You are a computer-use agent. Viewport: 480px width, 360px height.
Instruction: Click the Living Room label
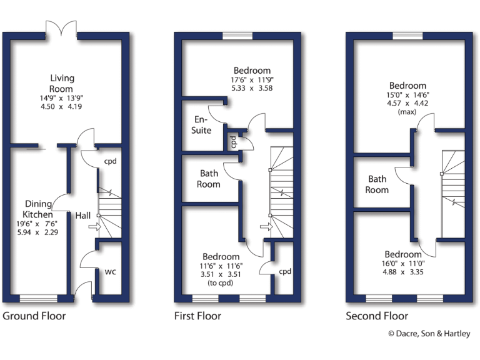click(x=62, y=83)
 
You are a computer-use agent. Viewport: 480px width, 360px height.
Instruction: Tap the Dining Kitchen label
click(x=39, y=209)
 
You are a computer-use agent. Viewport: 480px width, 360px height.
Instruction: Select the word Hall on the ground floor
click(x=83, y=216)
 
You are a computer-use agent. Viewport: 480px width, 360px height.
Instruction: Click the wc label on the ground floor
click(x=110, y=272)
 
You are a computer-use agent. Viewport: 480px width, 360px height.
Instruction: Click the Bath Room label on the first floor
click(x=209, y=179)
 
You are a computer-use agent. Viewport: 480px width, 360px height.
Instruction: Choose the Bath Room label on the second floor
click(x=377, y=184)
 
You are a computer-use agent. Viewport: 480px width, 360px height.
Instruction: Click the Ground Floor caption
click(x=34, y=316)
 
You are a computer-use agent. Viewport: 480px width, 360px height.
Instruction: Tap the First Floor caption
click(x=197, y=316)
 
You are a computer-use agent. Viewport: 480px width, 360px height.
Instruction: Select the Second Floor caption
click(x=377, y=316)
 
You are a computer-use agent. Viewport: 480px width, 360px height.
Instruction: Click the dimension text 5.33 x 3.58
click(x=252, y=89)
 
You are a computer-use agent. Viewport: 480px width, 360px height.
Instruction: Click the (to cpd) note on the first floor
click(x=221, y=283)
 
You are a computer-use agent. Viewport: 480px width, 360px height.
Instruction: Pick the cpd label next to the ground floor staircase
click(x=111, y=161)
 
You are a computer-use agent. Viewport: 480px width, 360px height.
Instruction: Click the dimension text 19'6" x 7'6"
click(x=39, y=224)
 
